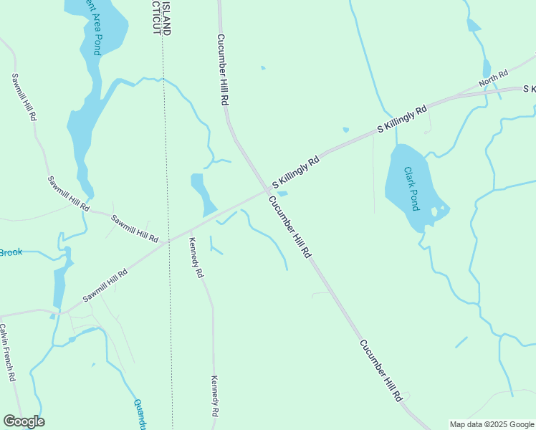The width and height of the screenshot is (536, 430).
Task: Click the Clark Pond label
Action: point(411,188)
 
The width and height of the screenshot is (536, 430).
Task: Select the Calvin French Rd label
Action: point(8,352)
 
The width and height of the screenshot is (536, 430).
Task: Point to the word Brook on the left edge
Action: point(11,252)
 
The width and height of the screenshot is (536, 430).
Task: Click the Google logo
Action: point(24,421)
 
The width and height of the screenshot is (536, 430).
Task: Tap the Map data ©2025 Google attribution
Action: point(492,424)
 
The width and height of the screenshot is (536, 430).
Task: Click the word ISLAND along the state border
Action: point(166,18)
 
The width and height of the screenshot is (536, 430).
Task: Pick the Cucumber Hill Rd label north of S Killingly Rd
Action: point(222,70)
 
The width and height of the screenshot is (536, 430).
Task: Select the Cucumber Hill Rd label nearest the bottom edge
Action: point(381,371)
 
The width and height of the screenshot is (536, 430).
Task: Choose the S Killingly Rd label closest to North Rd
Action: point(402,118)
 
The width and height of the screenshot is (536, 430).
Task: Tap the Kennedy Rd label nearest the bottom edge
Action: point(214,396)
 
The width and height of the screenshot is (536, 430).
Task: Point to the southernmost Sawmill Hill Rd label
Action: point(105,285)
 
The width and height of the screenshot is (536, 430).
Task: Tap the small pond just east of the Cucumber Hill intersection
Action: point(282,193)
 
